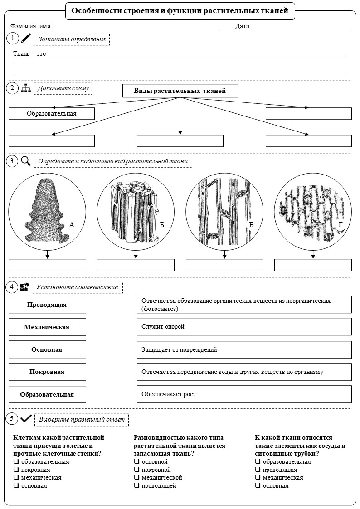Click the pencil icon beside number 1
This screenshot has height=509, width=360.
pos(26,39)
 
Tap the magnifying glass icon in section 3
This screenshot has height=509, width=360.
pos(26,161)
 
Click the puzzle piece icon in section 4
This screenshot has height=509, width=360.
pos(24,287)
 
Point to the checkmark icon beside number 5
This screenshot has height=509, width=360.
pos(26,419)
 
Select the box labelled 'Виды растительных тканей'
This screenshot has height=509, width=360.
pos(180,91)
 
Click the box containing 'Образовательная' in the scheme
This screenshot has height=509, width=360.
pos(52,114)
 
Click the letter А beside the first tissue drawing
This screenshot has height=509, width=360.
pos(72,224)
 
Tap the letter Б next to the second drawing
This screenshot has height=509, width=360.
pos(162,225)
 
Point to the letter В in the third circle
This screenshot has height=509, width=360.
pos(251,224)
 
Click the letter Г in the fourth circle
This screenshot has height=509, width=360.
pos(340,224)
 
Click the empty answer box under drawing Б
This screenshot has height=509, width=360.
pos(136,265)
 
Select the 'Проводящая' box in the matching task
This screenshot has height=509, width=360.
pos(48,305)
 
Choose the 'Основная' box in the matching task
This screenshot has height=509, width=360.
pos(48,349)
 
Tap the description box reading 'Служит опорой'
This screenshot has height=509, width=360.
pos(244,326)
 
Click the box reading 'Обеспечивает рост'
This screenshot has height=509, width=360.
pos(244,394)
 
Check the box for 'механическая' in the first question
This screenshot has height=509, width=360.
pos(15,477)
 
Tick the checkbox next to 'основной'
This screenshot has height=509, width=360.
pos(136,461)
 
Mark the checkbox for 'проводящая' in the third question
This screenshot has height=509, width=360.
pos(258,470)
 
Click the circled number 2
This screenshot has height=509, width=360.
pos(12,88)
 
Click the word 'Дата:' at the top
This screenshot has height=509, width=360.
pos(243,26)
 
